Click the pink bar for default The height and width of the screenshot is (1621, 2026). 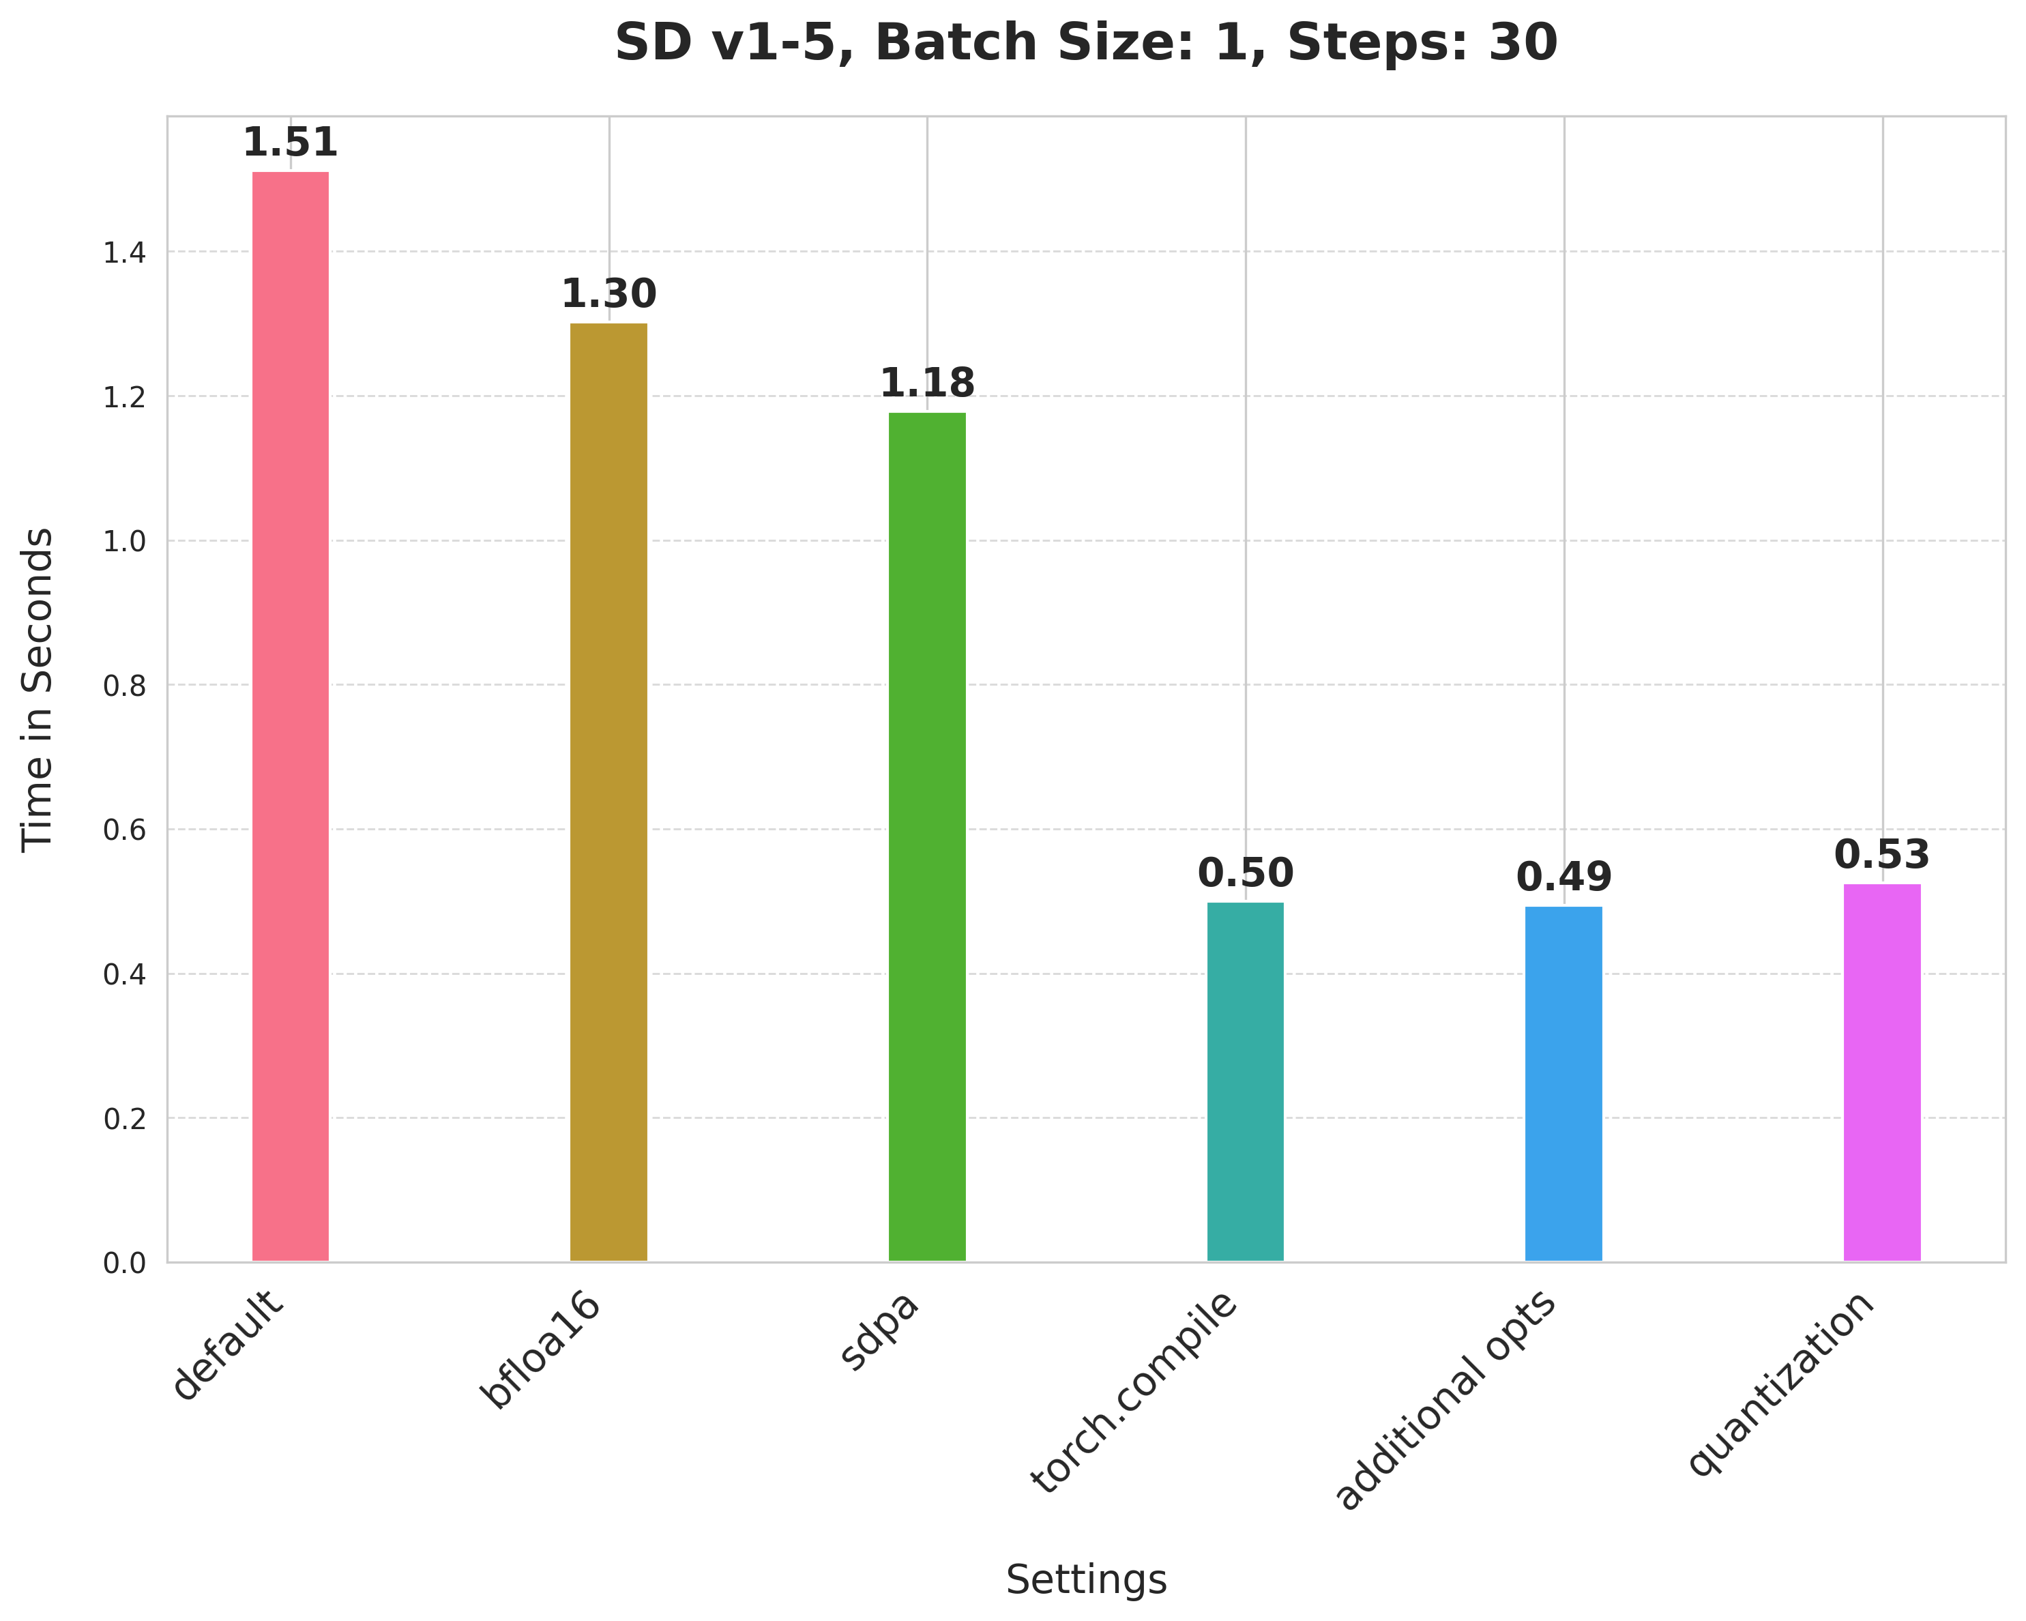point(291,716)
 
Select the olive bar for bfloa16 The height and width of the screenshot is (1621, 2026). point(609,791)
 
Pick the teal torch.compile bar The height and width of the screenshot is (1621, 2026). point(1245,1081)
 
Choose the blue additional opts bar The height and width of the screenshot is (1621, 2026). point(1563,1083)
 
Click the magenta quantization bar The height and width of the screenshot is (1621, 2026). point(1881,1072)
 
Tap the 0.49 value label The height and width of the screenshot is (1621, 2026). point(1563,877)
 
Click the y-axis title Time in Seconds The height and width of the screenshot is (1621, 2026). point(38,689)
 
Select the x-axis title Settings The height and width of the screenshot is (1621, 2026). point(1086,1581)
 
